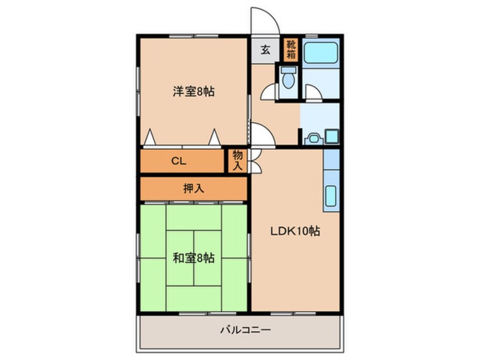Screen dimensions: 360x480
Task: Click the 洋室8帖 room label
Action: coord(193,91)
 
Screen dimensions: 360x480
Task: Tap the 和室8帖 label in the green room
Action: coord(193,258)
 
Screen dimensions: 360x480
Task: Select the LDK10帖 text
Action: coord(294,231)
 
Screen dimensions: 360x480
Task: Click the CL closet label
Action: coord(179,161)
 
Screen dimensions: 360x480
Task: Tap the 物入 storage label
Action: coord(237,161)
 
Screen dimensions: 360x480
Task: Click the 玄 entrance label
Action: coord(265,49)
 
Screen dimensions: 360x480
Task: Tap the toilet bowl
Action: coord(288,78)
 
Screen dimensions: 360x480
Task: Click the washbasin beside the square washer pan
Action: coord(311,138)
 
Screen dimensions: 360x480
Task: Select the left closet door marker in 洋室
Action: coord(150,137)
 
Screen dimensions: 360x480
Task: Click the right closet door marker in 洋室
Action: coord(214,137)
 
